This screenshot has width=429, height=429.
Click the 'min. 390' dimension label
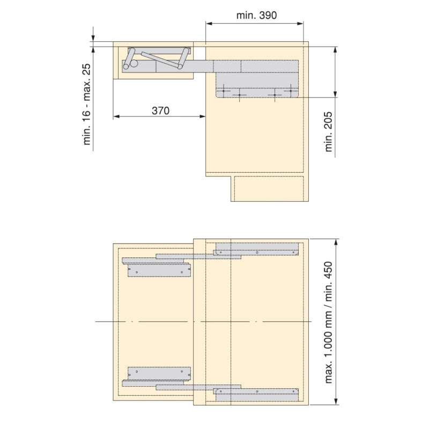(256, 16)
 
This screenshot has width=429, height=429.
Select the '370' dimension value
(160, 111)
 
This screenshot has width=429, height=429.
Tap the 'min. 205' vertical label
(328, 131)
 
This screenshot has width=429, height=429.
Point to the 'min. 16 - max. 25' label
(86, 104)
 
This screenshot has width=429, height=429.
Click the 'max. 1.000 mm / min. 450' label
(328, 323)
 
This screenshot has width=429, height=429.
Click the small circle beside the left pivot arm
(134, 64)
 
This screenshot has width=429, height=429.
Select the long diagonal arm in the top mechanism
(162, 60)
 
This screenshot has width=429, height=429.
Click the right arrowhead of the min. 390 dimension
(300, 24)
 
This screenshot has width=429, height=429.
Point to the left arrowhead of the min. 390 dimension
(209, 24)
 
